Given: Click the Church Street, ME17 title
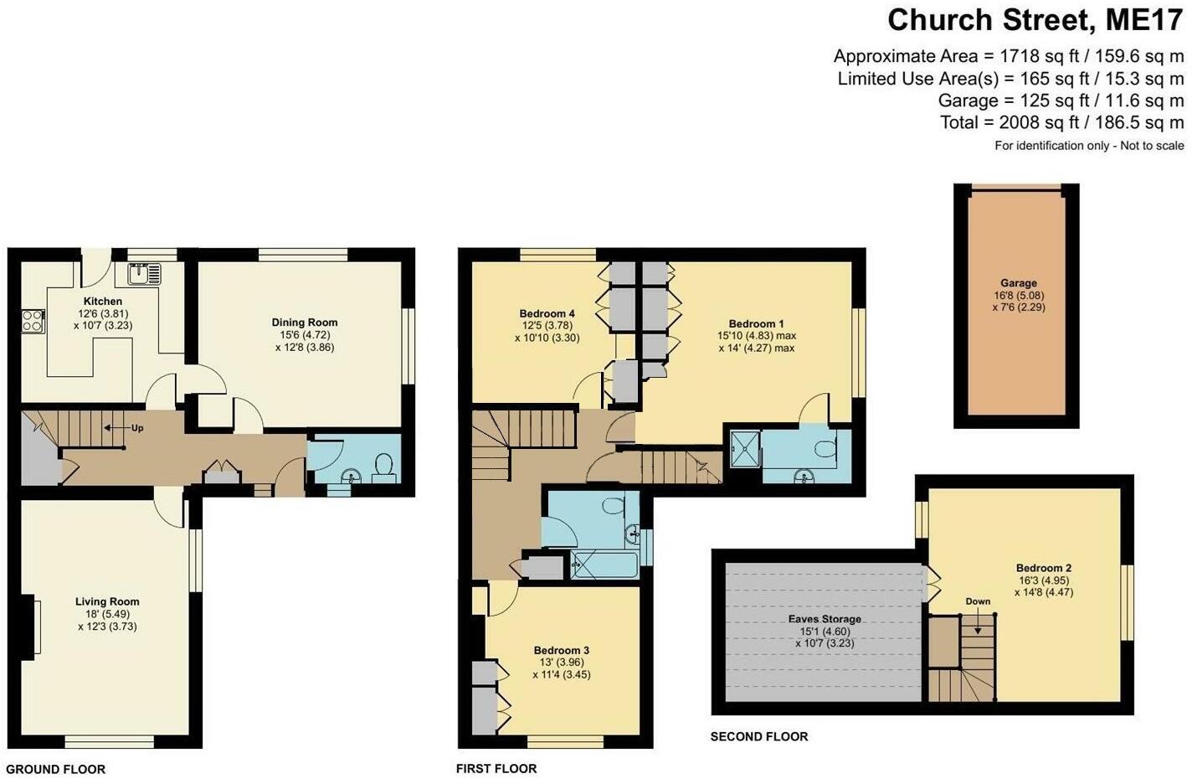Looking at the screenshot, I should tap(1035, 19).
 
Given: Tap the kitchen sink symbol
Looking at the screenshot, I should tap(143, 273).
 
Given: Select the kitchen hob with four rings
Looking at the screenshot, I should tap(33, 321).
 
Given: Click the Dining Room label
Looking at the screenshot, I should tap(304, 322).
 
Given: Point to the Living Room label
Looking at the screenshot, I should tap(107, 601).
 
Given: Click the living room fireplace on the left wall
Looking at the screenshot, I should tap(33, 626).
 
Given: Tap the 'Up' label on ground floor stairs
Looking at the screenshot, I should tap(137, 428).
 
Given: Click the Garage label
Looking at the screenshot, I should tap(1018, 283).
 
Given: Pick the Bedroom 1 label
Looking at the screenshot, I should tap(756, 324).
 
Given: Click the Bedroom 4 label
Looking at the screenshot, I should tap(547, 315).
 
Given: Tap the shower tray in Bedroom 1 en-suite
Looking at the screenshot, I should tap(744, 448).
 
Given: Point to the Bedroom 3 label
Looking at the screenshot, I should tap(561, 650).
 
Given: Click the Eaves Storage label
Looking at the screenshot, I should tap(824, 619).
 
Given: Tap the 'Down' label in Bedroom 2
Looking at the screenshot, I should tap(977, 601).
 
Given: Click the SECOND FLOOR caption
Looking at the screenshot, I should tap(758, 737).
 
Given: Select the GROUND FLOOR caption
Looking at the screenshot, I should tap(55, 769).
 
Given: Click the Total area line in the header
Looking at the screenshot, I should tap(1061, 122).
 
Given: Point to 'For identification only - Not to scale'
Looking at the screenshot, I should tap(1088, 146).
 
